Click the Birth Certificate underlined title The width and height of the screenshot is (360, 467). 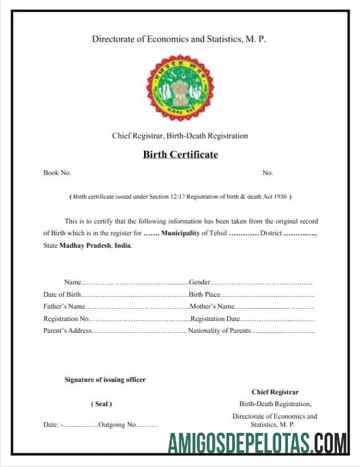(x=180, y=155)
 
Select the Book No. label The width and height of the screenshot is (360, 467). (x=57, y=173)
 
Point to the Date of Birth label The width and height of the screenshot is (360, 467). (x=62, y=294)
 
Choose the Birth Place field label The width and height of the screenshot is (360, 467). (x=204, y=294)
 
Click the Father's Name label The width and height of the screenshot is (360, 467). (x=64, y=306)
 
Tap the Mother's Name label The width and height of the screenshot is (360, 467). (x=212, y=306)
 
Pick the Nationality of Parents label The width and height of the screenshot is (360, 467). (x=219, y=330)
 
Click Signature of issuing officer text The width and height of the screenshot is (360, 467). (x=105, y=379)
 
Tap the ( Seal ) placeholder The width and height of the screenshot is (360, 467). (x=102, y=404)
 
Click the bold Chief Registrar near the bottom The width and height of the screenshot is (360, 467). (x=275, y=392)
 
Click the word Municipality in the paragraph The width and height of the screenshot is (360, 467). (x=181, y=233)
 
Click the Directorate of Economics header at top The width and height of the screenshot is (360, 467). (x=179, y=39)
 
